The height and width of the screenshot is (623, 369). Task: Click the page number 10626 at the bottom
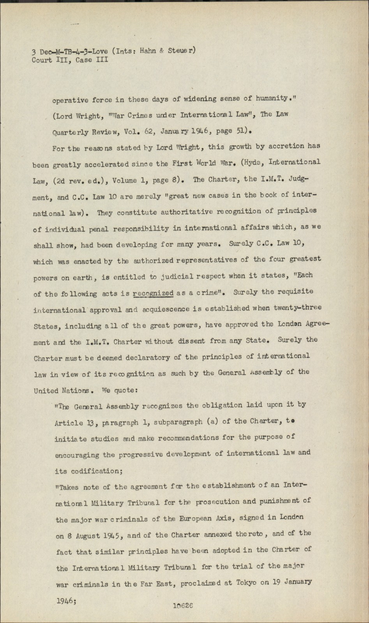click(x=184, y=605)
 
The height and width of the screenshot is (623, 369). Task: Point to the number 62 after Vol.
click(x=150, y=131)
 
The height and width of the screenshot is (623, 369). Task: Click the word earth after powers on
click(x=81, y=278)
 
